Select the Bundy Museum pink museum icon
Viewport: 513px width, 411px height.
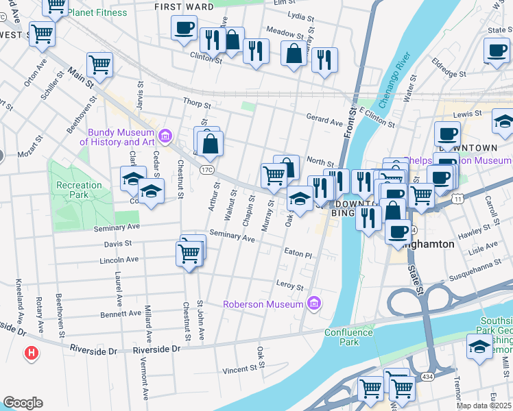click(165, 135)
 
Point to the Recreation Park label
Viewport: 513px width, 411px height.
click(80, 190)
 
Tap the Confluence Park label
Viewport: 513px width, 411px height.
click(348, 337)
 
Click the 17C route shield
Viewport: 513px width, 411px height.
click(208, 169)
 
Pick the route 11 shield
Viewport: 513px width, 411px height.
click(457, 197)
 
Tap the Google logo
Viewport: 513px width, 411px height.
click(23, 402)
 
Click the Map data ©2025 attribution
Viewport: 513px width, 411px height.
click(484, 406)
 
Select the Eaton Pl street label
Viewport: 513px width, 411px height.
click(298, 254)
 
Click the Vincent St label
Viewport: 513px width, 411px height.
click(243, 370)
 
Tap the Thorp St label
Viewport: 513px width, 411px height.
click(195, 102)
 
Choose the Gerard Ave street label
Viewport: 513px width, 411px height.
click(324, 121)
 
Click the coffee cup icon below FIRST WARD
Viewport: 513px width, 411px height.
click(184, 27)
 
